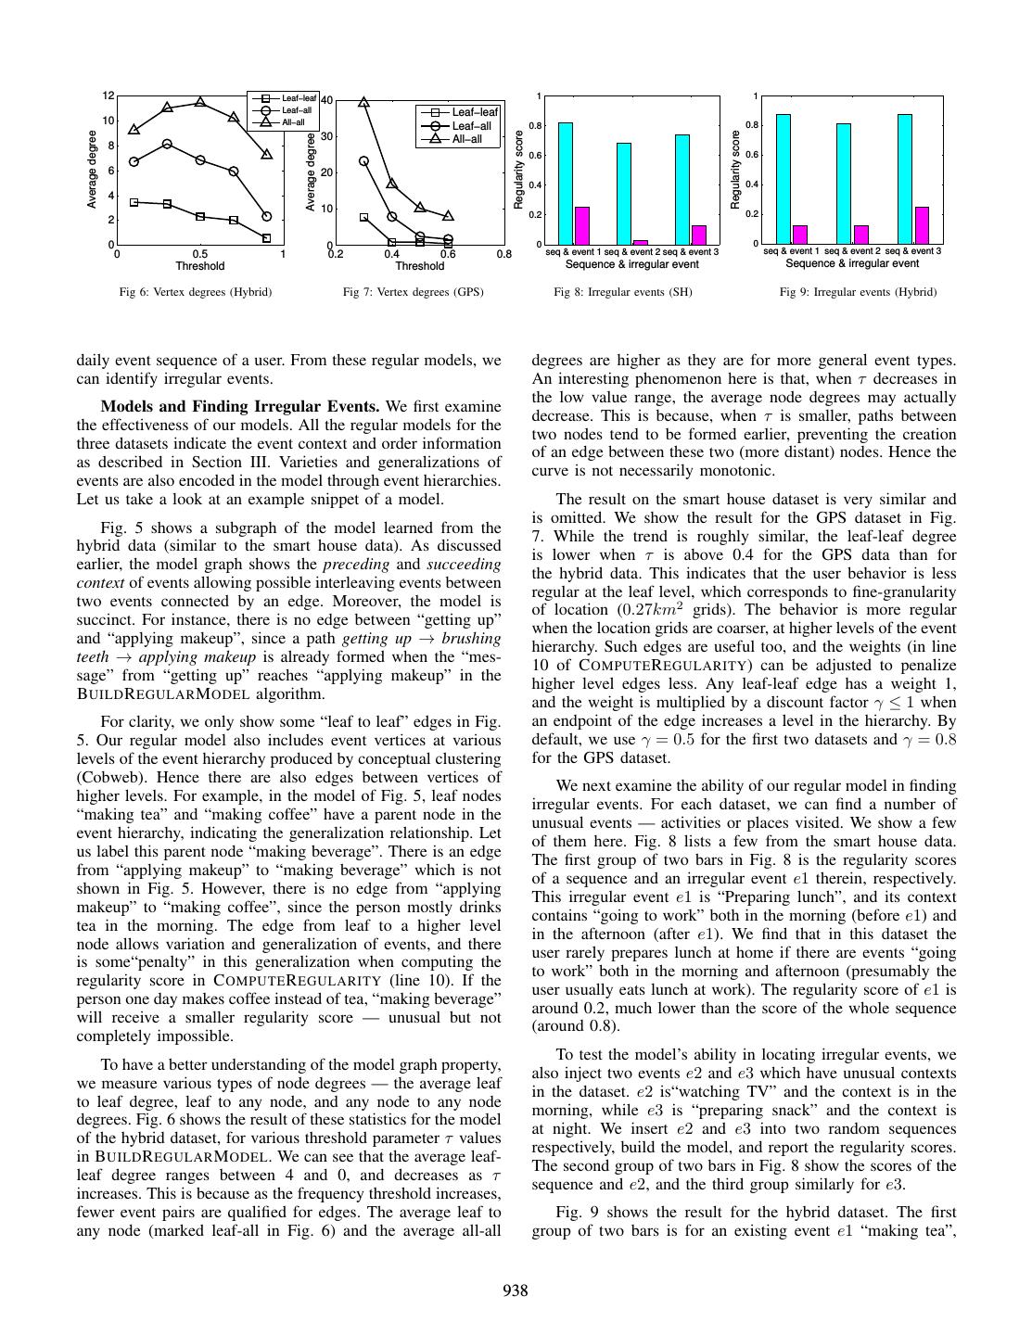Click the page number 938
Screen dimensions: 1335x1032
coord(516,1290)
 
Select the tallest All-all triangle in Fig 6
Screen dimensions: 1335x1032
coord(200,102)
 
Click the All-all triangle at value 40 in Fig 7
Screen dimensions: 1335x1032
coord(363,103)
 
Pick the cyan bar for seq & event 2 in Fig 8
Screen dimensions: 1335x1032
coord(624,193)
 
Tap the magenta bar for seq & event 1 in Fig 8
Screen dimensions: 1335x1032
coord(582,225)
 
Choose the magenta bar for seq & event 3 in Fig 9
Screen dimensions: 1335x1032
coord(922,225)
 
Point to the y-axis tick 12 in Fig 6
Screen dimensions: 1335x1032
coord(108,95)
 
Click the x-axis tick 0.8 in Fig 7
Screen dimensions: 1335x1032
coord(503,253)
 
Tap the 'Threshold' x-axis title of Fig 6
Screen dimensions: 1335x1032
coord(200,266)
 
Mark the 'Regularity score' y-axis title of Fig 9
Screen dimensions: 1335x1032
coord(735,170)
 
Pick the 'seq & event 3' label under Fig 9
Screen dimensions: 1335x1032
coord(914,251)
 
